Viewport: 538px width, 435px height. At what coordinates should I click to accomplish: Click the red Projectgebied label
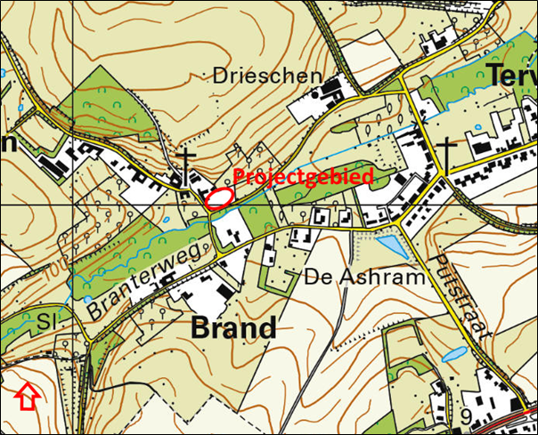[x=303, y=176]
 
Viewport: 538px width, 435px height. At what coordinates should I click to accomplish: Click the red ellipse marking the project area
[x=219, y=197]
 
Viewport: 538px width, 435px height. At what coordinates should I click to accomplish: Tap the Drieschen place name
[x=266, y=77]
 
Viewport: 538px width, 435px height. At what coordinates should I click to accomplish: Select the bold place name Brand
[x=233, y=327]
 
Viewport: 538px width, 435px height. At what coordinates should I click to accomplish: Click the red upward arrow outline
[x=29, y=397]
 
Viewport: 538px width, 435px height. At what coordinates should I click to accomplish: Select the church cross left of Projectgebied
[x=187, y=164]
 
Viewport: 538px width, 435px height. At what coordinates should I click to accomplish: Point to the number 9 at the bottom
[x=465, y=416]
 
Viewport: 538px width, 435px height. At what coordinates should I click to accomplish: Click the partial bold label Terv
[x=511, y=76]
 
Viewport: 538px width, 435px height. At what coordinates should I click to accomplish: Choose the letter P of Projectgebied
[x=238, y=177]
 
